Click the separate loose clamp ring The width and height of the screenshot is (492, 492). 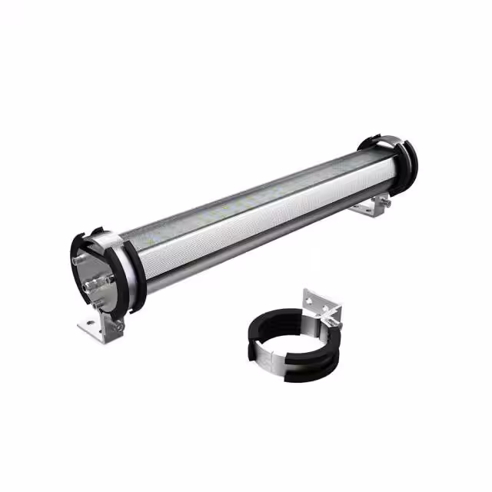[x=292, y=346]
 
